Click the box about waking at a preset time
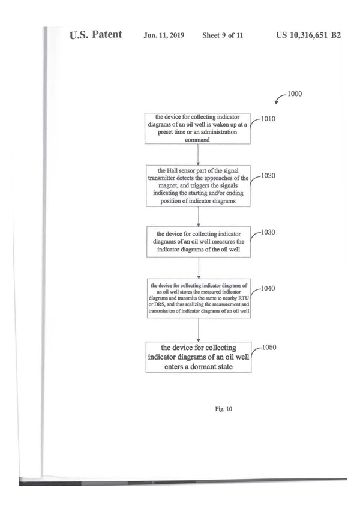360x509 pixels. (x=198, y=128)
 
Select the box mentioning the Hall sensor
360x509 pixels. (x=198, y=185)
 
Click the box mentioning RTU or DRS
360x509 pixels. (x=198, y=301)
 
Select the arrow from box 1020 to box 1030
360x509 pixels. (x=198, y=214)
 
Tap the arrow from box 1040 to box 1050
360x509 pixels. (x=198, y=330)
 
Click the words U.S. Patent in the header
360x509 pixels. (x=96, y=34)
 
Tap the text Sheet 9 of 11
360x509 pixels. (x=222, y=35)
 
